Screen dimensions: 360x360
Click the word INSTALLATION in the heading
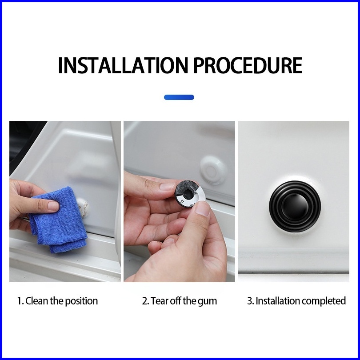tap(123, 65)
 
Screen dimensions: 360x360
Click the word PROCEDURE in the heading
tap(248, 65)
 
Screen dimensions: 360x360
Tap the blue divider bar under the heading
tap(179, 97)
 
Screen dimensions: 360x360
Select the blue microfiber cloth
tap(59, 220)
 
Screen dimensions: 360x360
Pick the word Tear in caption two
tap(159, 301)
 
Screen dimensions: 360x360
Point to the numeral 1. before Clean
tap(20, 301)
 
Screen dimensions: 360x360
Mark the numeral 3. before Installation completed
tap(251, 301)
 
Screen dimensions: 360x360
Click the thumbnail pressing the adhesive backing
tap(203, 208)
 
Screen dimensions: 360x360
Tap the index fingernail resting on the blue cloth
tap(53, 205)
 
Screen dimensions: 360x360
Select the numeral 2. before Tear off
tap(146, 301)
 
